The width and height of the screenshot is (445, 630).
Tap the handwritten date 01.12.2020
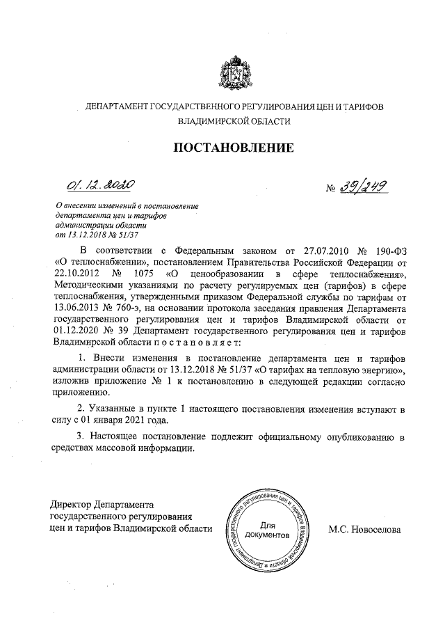pos(100,185)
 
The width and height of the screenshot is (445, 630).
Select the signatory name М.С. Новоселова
pos(364,529)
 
